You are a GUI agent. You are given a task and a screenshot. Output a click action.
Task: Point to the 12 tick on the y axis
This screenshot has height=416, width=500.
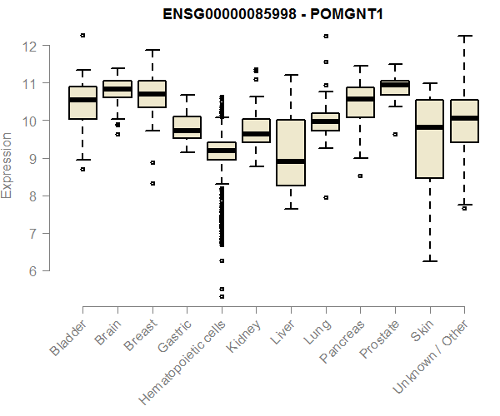pos(31,47)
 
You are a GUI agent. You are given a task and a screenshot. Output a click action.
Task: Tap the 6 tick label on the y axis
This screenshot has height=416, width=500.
pos(31,271)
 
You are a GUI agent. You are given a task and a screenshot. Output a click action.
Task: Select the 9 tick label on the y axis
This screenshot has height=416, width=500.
pos(31,159)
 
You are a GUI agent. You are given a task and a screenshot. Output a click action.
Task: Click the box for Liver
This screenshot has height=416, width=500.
pos(291,153)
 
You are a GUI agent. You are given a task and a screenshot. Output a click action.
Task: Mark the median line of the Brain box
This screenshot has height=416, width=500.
pos(117,88)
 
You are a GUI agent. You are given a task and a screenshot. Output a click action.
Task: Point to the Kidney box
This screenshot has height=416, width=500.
pos(256,131)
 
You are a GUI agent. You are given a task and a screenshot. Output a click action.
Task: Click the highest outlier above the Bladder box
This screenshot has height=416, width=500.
pos(82,35)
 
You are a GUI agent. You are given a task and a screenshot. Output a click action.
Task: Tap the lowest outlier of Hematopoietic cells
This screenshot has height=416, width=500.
pos(222,296)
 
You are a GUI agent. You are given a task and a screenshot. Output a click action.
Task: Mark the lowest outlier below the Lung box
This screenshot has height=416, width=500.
pos(325,197)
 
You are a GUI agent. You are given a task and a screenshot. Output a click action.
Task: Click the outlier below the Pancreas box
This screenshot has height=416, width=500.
pos(360,176)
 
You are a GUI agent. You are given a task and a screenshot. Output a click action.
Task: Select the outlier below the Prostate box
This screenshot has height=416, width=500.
pos(395,134)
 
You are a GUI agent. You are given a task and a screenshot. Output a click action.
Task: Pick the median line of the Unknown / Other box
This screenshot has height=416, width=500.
pos(464,118)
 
